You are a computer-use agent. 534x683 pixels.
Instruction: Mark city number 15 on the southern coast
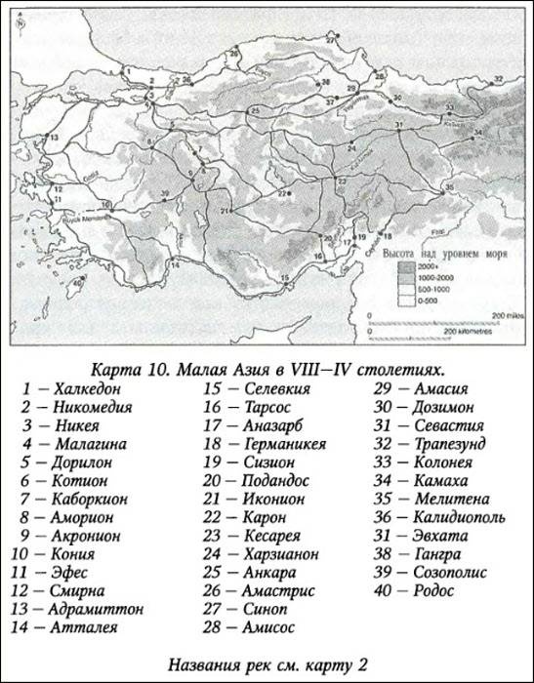coord(285,277)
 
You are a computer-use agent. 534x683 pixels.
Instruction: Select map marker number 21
coord(225,211)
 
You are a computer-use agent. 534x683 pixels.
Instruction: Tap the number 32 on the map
coord(499,77)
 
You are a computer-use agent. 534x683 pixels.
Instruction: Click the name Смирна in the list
coord(79,590)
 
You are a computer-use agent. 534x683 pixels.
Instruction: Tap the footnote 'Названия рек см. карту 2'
coord(266,663)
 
